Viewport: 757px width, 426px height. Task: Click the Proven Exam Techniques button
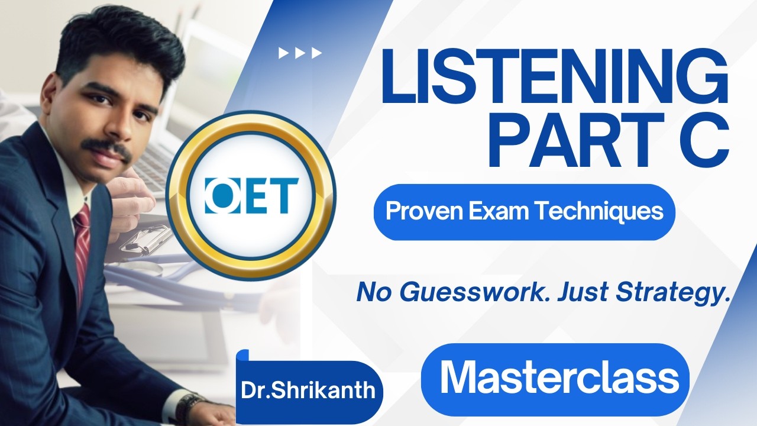524,212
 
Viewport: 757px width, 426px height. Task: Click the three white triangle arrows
300,53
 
